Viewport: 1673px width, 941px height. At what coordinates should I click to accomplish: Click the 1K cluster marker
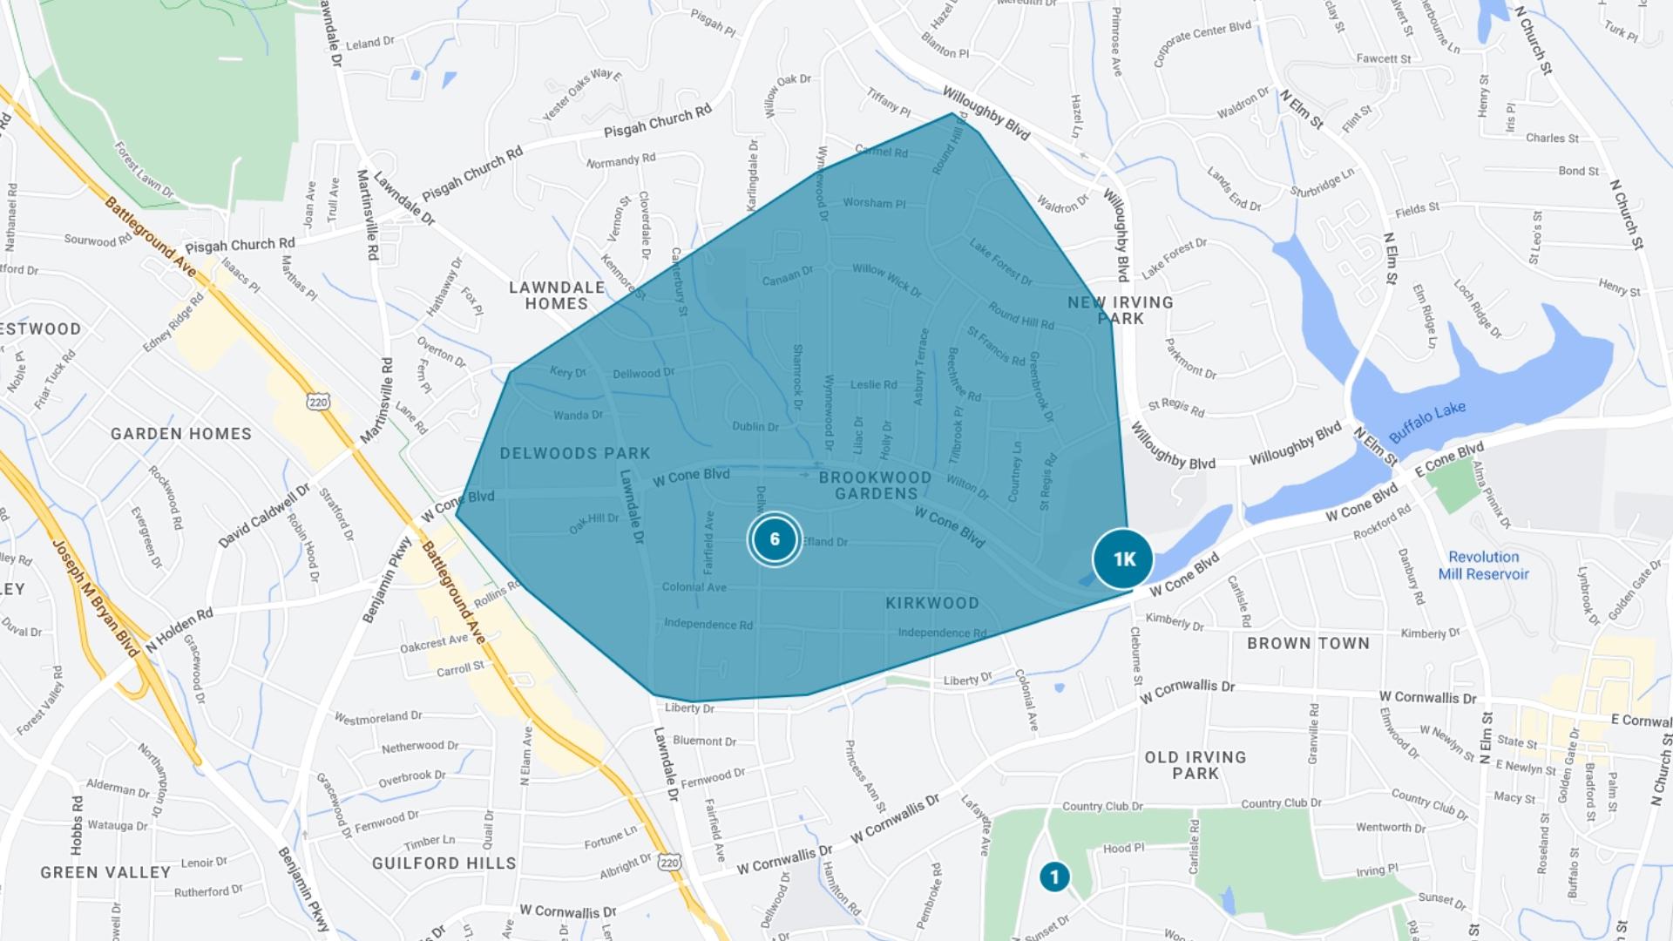pos(1123,559)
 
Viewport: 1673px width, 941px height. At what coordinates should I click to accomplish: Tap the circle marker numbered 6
pos(774,539)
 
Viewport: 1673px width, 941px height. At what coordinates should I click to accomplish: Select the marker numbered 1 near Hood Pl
pos(1054,877)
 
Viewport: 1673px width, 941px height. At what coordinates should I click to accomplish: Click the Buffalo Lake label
pos(1426,422)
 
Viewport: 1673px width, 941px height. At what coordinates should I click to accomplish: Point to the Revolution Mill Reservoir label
pos(1483,565)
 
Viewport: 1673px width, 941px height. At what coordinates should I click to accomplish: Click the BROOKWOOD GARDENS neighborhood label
pos(875,485)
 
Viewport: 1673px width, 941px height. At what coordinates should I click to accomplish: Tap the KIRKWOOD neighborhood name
pos(932,603)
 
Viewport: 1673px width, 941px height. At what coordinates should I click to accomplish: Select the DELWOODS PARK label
pos(575,453)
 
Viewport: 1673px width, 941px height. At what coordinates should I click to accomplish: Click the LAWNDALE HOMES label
pos(557,295)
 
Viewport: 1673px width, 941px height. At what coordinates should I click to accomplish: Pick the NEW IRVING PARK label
pos(1121,310)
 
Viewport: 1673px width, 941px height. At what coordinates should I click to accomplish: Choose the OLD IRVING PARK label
pos(1195,765)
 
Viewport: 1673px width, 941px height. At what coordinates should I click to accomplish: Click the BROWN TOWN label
pos(1308,643)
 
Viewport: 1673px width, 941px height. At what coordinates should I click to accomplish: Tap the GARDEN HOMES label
pos(181,434)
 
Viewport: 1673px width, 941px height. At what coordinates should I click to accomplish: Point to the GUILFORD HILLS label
pos(444,863)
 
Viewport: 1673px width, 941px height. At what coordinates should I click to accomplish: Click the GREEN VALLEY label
pos(105,872)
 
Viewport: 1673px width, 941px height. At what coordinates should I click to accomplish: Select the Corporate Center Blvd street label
pos(1202,43)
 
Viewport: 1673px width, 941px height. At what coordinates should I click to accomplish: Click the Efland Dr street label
pos(825,542)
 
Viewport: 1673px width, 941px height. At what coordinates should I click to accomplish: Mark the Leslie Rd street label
pos(873,384)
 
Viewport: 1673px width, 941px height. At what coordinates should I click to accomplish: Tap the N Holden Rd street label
pos(179,629)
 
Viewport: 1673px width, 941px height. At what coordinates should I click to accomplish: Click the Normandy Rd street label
pos(620,161)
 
